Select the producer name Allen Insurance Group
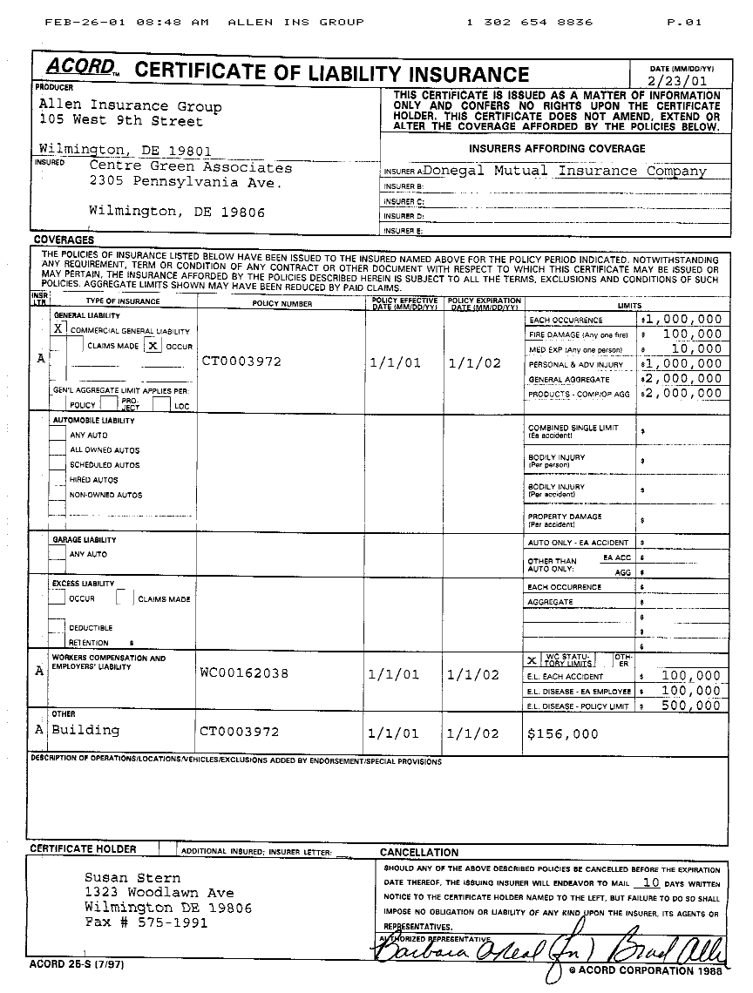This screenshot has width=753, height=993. pyautogui.click(x=130, y=106)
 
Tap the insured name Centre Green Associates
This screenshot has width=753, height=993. pyautogui.click(x=191, y=167)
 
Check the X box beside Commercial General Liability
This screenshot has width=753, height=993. pyautogui.click(x=58, y=329)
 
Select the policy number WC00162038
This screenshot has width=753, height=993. pyautogui.click(x=244, y=673)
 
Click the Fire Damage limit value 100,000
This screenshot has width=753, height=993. pyautogui.click(x=693, y=334)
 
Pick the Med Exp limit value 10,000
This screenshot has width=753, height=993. pyautogui.click(x=697, y=348)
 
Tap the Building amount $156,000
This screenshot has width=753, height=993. pyautogui.click(x=563, y=734)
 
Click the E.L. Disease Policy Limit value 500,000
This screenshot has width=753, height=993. pyautogui.click(x=691, y=706)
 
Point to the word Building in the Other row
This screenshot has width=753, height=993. pyautogui.click(x=85, y=730)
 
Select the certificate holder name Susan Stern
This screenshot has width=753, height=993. pyautogui.click(x=132, y=878)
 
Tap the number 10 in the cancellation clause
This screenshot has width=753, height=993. pyautogui.click(x=645, y=882)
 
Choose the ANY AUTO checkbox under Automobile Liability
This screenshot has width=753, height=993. pyautogui.click(x=58, y=435)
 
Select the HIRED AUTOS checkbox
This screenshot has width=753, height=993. pyautogui.click(x=58, y=479)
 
